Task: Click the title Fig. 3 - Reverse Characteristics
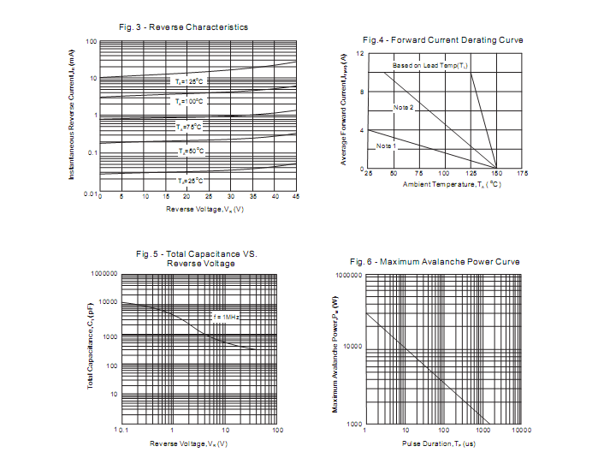[x=183, y=27]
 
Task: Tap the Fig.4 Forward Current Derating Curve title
[x=442, y=40]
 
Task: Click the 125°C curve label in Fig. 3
[x=189, y=81]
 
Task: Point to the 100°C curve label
[x=189, y=101]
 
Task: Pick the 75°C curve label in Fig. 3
[x=189, y=127]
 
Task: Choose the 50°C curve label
[x=191, y=152]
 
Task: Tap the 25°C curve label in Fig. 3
[x=190, y=181]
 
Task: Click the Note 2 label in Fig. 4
[x=404, y=107]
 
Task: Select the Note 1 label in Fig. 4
[x=387, y=146]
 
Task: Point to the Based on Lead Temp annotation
[x=430, y=66]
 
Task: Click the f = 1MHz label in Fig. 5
[x=226, y=317]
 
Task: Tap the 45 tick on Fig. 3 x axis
[x=295, y=197]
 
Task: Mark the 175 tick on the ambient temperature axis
[x=522, y=174]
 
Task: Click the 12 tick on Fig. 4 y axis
[x=360, y=54]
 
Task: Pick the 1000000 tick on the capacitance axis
[x=104, y=274]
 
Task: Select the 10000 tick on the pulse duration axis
[x=521, y=431]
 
